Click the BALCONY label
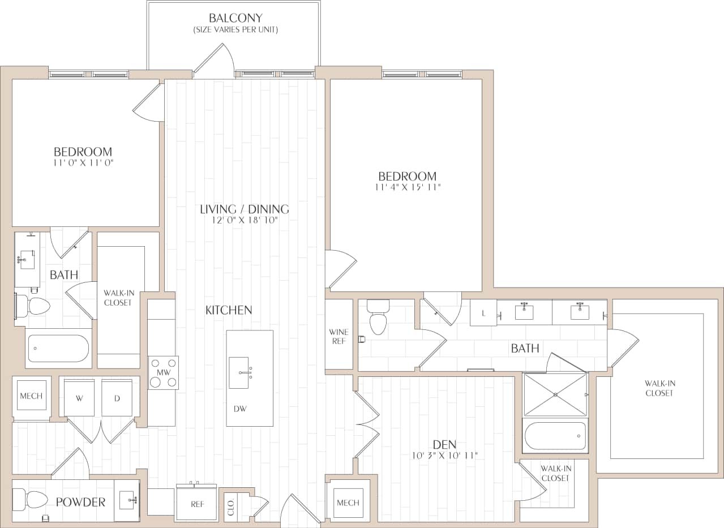tap(235, 18)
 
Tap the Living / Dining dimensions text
tap(245, 221)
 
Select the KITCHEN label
tap(229, 310)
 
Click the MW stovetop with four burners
tap(164, 372)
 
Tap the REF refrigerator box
tap(196, 504)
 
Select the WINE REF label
tap(339, 336)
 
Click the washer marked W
tap(79, 398)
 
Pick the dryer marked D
tap(117, 398)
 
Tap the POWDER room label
tap(80, 502)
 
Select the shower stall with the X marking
tap(555, 394)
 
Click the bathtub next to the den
tap(555, 436)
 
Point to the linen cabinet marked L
tap(483, 313)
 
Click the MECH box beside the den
tap(348, 503)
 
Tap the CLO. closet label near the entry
tap(230, 506)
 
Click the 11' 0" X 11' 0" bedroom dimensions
tap(83, 163)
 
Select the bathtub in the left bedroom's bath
tap(58, 348)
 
